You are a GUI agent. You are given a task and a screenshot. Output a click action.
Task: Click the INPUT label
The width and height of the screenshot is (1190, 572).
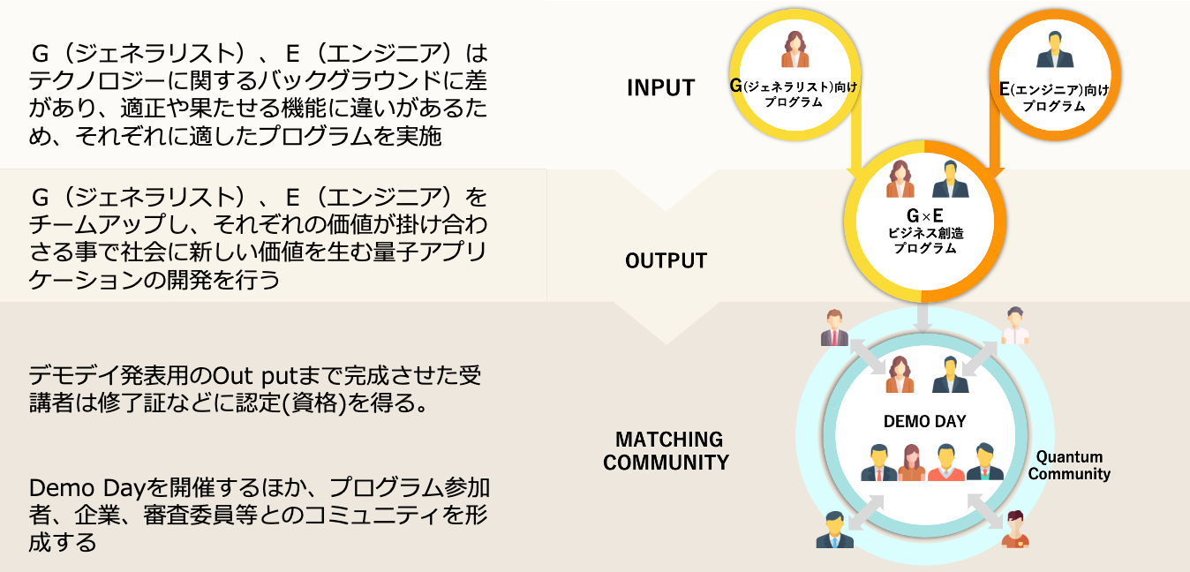[660, 87]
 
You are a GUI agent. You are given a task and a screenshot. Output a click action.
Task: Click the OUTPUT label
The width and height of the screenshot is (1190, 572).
[666, 260]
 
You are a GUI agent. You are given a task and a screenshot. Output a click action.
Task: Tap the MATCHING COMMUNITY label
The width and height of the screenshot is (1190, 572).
[667, 450]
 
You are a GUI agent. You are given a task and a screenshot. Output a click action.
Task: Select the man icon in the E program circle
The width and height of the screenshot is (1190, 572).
[1054, 50]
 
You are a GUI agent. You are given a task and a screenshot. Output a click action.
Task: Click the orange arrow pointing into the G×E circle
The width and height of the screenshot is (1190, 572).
[994, 141]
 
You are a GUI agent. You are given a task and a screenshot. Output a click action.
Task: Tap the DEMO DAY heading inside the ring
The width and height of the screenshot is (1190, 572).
[924, 421]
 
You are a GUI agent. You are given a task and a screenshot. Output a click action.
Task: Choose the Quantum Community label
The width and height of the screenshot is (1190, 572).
[1069, 465]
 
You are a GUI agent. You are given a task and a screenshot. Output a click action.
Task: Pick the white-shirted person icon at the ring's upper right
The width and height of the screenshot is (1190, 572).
[1015, 326]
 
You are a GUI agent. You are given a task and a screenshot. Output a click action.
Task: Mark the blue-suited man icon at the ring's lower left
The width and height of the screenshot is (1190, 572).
[834, 529]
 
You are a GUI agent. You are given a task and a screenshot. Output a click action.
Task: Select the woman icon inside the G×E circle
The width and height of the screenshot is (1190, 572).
[900, 180]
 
